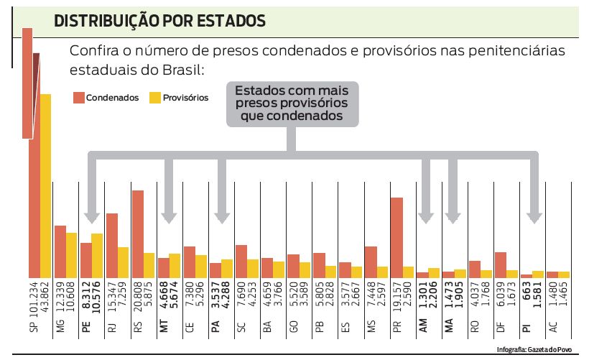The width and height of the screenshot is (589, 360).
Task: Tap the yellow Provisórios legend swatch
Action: (x=154, y=97)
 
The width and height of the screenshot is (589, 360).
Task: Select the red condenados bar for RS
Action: (x=138, y=234)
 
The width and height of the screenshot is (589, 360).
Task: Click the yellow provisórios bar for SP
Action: (x=46, y=185)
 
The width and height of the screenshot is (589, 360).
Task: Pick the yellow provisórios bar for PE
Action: (x=98, y=255)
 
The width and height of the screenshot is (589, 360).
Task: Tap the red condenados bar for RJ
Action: (x=112, y=245)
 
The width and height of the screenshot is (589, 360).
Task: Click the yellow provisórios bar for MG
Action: (x=72, y=255)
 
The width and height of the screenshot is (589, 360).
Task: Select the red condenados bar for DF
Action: (x=500, y=264)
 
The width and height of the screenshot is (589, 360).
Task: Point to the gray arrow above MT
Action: (x=169, y=190)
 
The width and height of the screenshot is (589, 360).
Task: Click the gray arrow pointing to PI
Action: (x=533, y=190)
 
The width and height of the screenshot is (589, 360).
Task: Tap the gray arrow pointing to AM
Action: (x=427, y=190)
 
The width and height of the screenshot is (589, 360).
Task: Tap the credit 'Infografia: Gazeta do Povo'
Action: (x=537, y=351)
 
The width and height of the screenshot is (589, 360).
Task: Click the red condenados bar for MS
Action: (x=371, y=262)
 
